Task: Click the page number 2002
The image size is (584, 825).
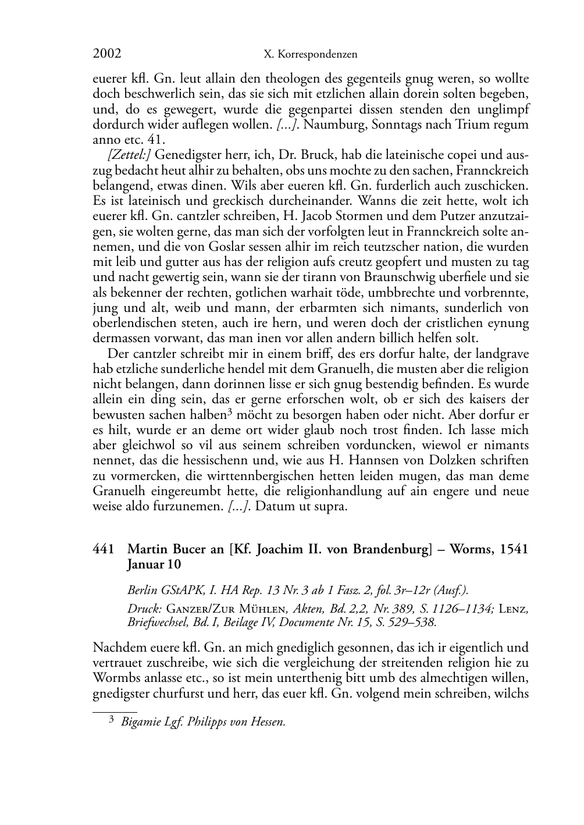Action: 106,54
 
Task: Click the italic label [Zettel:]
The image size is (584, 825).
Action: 129,155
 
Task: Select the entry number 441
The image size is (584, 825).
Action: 103,550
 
